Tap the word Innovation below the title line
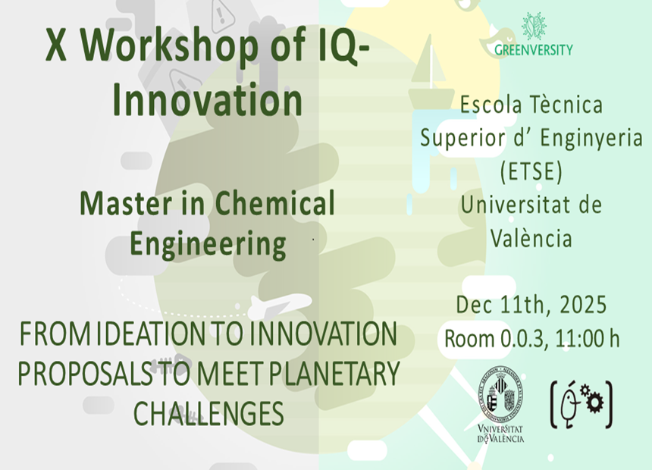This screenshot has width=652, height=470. click(x=208, y=100)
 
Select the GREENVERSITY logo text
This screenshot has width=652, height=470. click(x=534, y=50)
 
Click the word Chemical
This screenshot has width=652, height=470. click(x=275, y=203)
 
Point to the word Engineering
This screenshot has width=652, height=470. click(x=208, y=244)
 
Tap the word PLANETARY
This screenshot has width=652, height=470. click(x=334, y=373)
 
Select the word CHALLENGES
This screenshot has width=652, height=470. click(x=208, y=412)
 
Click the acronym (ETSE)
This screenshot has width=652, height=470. click(x=531, y=171)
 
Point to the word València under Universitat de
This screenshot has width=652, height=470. click(x=531, y=238)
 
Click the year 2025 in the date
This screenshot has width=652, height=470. click(x=583, y=305)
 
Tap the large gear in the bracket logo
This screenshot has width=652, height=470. click(x=596, y=403)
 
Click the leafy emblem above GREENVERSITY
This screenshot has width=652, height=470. click(x=534, y=27)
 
